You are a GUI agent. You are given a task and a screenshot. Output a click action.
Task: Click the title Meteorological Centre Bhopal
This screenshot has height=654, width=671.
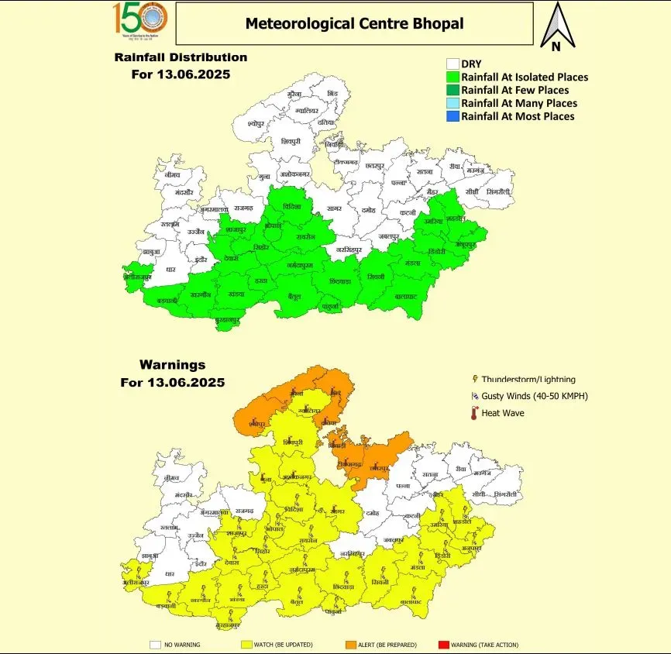(x=354, y=23)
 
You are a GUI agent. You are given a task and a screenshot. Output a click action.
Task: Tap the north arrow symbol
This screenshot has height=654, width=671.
(x=556, y=23)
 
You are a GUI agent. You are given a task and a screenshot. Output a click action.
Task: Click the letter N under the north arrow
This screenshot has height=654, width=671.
(x=556, y=46)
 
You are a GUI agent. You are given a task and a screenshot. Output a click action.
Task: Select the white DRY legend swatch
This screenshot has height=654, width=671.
(x=452, y=64)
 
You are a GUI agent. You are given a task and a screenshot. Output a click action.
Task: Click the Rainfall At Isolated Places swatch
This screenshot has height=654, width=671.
(x=452, y=77)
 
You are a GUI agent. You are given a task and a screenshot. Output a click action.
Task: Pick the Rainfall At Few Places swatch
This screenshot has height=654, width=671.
(x=452, y=91)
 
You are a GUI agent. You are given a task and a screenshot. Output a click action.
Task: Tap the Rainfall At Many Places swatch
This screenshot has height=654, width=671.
(x=452, y=103)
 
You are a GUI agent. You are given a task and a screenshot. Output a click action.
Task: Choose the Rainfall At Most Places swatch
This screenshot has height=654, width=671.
(x=452, y=116)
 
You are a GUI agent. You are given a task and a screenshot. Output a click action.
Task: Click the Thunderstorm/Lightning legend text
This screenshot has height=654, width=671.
(x=528, y=380)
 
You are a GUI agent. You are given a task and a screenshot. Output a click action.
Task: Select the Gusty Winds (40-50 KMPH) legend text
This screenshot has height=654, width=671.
(x=535, y=397)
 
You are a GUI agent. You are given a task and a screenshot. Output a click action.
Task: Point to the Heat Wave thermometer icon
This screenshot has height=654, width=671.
(x=473, y=414)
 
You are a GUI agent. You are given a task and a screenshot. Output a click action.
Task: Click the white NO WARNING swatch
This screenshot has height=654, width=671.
(x=156, y=644)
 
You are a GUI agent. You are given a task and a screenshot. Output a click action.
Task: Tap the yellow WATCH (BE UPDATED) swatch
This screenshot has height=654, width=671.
(x=247, y=644)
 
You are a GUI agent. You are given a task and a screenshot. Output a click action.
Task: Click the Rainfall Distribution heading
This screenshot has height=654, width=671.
(x=181, y=57)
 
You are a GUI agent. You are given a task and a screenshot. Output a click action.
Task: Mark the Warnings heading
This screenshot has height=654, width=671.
(x=172, y=364)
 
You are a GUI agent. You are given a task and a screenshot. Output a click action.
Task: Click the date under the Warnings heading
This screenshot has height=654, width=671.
(x=172, y=383)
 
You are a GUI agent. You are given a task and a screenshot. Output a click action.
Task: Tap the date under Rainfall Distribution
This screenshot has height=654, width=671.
(x=181, y=75)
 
